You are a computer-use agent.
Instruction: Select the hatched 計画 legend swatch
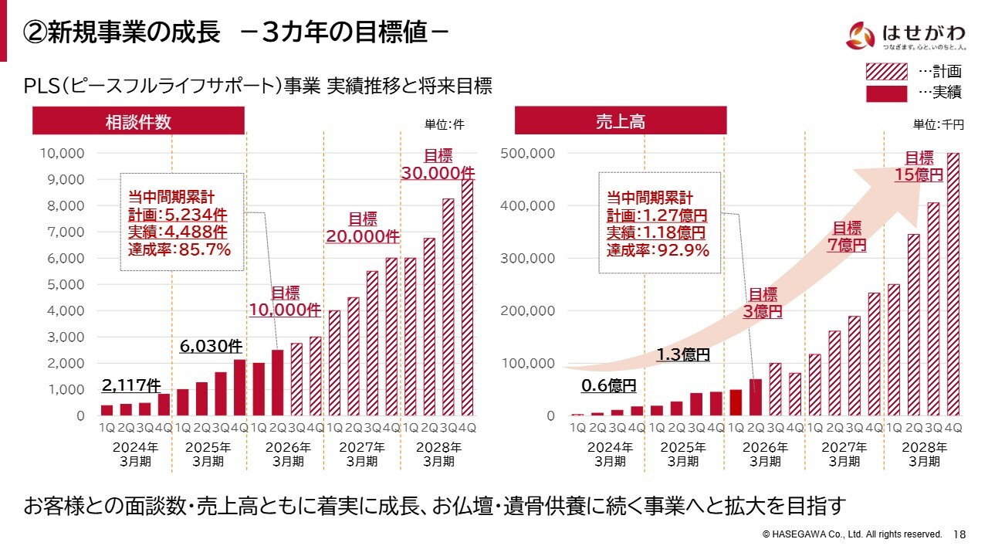[x=887, y=72]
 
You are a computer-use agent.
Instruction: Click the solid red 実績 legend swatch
[x=887, y=93]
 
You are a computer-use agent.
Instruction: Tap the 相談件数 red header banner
[x=138, y=121]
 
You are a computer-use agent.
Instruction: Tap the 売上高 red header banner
[x=621, y=121]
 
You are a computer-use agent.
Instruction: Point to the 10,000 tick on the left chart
[x=62, y=153]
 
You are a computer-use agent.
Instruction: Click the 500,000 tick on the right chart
[x=528, y=153]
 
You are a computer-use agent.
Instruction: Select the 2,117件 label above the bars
[x=131, y=385]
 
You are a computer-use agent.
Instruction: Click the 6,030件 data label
[x=211, y=347]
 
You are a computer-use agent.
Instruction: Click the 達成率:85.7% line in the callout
[x=180, y=249]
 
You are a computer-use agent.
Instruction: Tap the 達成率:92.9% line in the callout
[x=658, y=249]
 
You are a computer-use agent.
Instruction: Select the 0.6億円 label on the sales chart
[x=609, y=385]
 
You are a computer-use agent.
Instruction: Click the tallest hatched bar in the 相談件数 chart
[x=467, y=297]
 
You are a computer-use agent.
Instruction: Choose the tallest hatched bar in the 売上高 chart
[x=952, y=284]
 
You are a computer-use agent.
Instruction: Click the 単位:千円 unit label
[x=939, y=124]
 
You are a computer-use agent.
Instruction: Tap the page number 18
[x=960, y=534]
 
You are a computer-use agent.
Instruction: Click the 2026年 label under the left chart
[x=287, y=447]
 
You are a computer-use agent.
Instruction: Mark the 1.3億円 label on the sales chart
[x=683, y=355]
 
